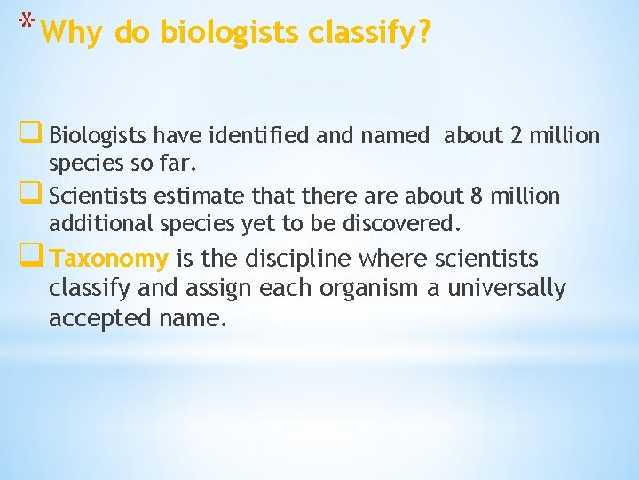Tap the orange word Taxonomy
(x=109, y=259)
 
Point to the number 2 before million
(x=517, y=136)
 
